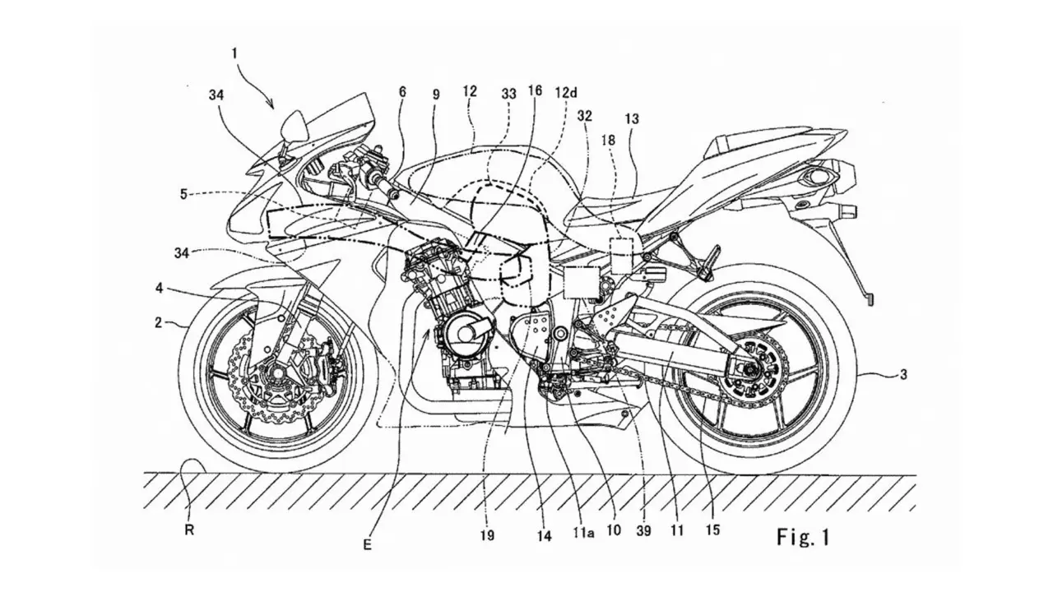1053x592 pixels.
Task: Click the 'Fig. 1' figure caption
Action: [804, 538]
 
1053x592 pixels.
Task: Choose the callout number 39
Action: [643, 531]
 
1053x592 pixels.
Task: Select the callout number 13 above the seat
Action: [655, 118]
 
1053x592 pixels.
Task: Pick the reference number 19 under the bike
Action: [487, 535]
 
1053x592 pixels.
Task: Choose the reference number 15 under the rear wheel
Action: [713, 530]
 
